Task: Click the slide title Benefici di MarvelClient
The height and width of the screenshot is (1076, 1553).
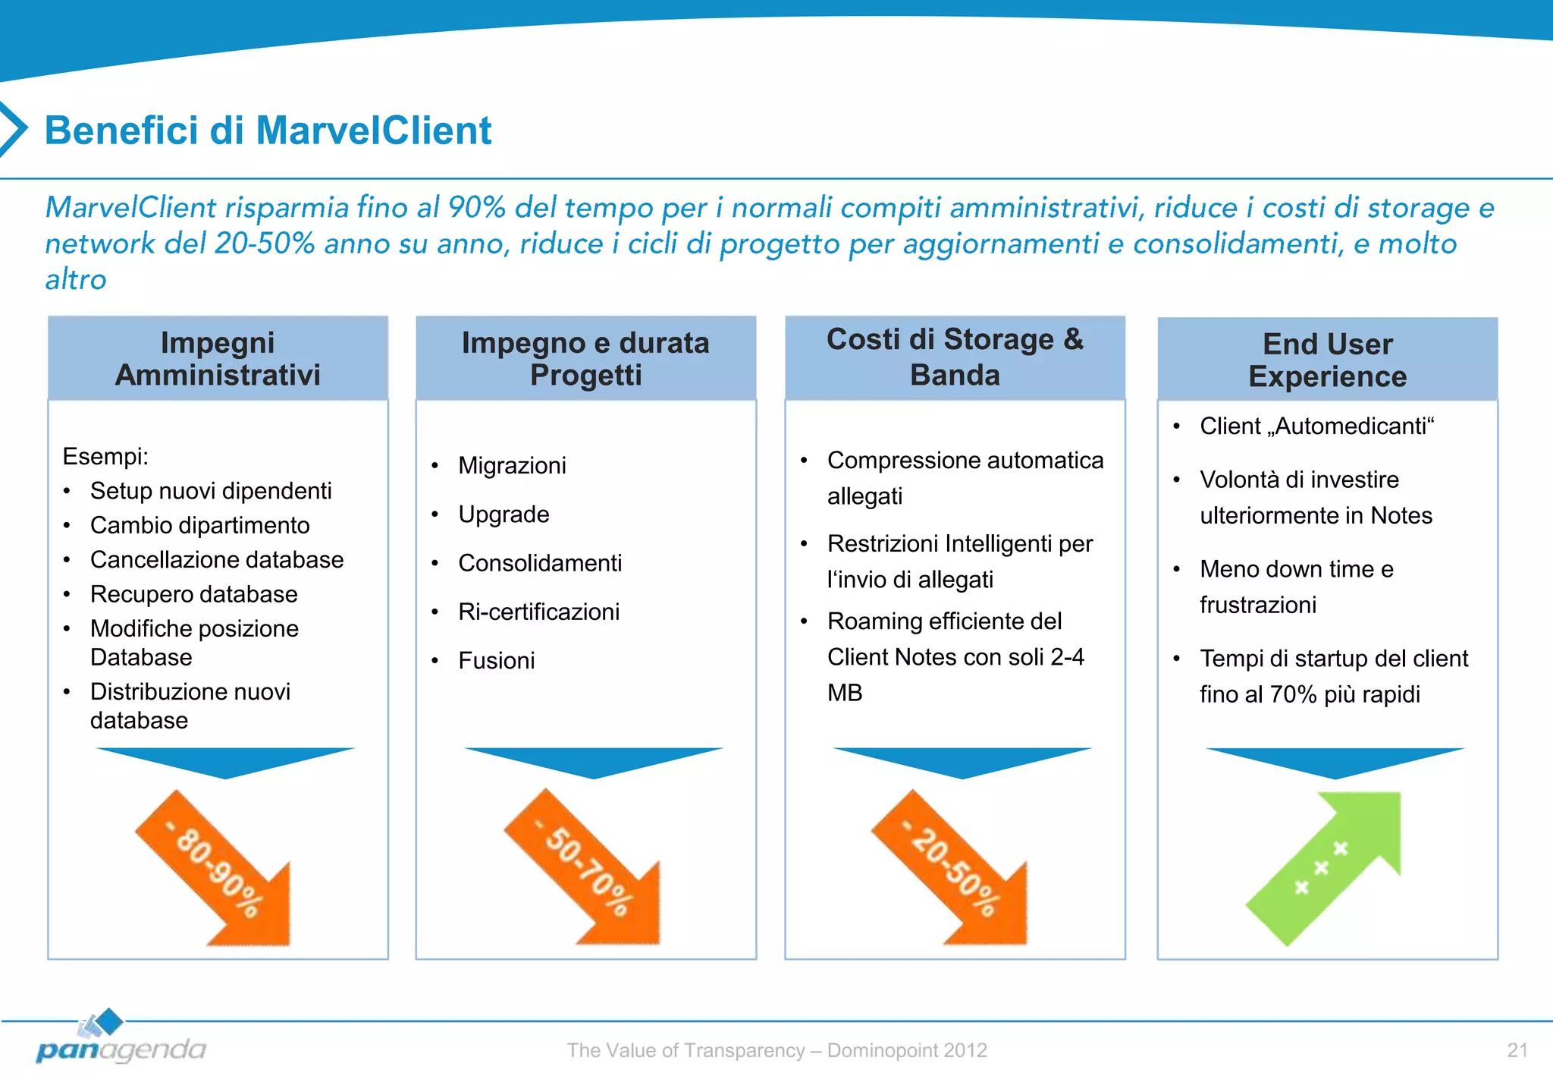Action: [268, 131]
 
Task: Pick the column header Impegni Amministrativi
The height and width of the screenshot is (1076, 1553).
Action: [218, 359]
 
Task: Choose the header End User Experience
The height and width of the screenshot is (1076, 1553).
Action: [1327, 360]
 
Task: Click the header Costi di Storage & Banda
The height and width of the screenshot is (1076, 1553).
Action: [955, 357]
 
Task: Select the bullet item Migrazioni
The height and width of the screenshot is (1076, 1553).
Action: [512, 466]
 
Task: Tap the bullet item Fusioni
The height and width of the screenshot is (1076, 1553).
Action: [496, 661]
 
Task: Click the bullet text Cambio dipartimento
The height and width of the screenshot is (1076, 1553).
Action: [199, 525]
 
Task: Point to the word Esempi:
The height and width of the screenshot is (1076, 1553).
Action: [105, 457]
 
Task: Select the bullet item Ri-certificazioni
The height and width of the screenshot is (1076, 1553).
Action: [538, 612]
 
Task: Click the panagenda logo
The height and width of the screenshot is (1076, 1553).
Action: [120, 1040]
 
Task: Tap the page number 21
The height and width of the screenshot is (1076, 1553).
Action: [1517, 1050]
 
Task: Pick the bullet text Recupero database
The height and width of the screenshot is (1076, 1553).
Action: [193, 594]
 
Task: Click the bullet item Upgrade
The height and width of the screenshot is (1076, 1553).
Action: [504, 514]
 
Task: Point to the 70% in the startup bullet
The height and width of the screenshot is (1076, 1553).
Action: [1293, 695]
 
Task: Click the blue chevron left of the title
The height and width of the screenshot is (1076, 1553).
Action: [14, 129]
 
